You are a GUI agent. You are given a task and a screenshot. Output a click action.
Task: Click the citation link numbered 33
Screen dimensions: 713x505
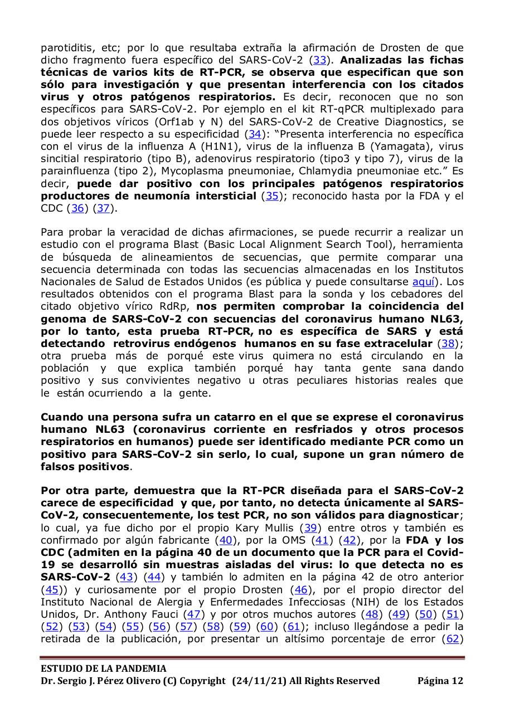(320, 60)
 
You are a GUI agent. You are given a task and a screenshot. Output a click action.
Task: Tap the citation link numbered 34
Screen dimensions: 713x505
(255, 134)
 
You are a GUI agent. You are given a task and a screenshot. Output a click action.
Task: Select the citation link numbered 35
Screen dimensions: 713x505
(271, 196)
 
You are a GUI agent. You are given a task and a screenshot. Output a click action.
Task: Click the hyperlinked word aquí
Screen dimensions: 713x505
(423, 282)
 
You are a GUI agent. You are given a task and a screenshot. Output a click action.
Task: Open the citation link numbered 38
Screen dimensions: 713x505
(447, 344)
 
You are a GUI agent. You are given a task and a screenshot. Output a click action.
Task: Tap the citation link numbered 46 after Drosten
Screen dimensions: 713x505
(301, 589)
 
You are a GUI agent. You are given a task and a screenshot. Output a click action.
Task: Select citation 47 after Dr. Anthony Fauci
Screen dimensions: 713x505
(193, 614)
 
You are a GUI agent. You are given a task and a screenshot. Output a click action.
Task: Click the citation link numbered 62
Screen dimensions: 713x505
(452, 639)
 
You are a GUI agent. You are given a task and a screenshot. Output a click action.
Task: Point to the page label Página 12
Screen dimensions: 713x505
(440, 681)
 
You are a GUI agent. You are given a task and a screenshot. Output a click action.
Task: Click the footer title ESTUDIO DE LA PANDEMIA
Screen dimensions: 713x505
(104, 668)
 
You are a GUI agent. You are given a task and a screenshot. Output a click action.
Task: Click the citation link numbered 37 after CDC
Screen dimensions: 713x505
(103, 208)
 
